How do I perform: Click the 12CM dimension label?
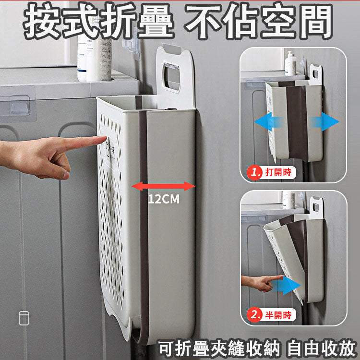pos(164,199)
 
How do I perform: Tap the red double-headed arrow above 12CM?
pos(163,186)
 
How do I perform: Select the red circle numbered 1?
pos(254,173)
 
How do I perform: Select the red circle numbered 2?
pos(254,315)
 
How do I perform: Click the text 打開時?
pos(278,172)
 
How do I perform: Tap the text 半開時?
pos(278,315)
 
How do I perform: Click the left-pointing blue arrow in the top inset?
pos(267,122)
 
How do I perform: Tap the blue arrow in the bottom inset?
pos(287,286)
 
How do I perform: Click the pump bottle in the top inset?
pos(290,63)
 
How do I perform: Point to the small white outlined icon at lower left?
pos(24,318)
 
